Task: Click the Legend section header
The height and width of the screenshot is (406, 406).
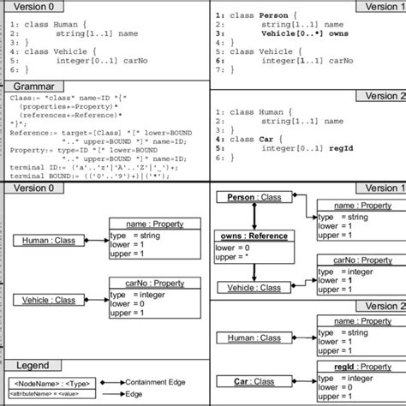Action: tap(33, 365)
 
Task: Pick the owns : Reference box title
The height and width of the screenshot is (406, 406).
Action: tap(254, 236)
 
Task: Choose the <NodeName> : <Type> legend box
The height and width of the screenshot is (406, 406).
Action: tap(52, 382)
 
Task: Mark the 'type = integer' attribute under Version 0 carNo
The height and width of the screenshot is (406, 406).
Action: tap(141, 294)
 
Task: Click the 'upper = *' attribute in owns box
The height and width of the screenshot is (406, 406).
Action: tap(236, 256)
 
